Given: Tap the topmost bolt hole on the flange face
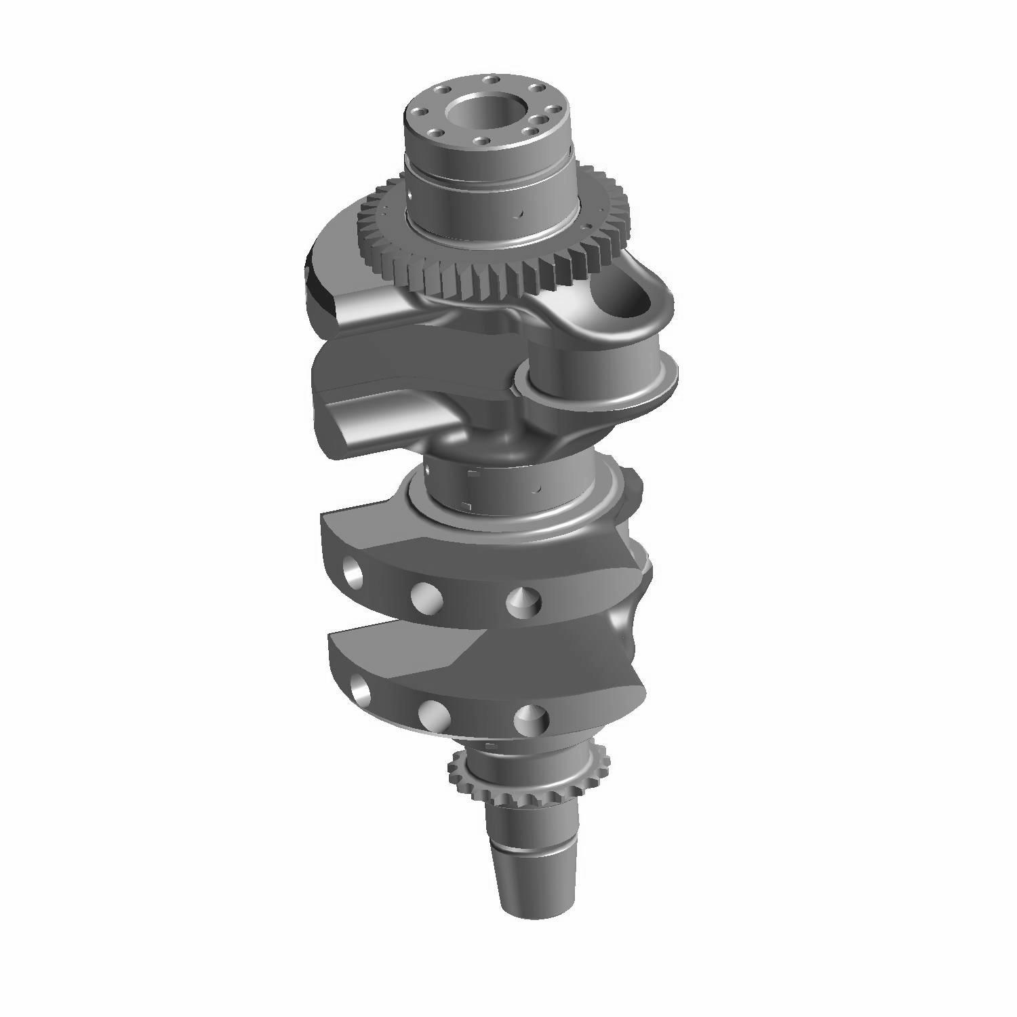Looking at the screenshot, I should pyautogui.click(x=490, y=80).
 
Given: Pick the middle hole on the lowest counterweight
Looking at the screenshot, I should pyautogui.click(x=431, y=713).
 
